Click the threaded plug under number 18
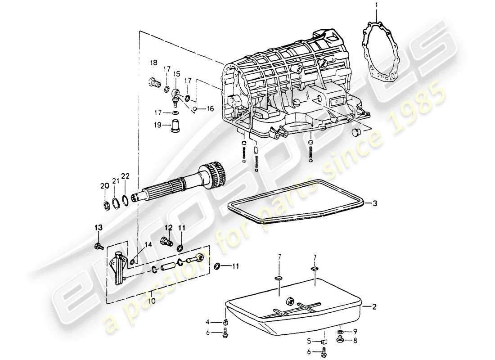coord(155,83)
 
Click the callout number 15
coord(176,73)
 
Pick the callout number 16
coord(210,108)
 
